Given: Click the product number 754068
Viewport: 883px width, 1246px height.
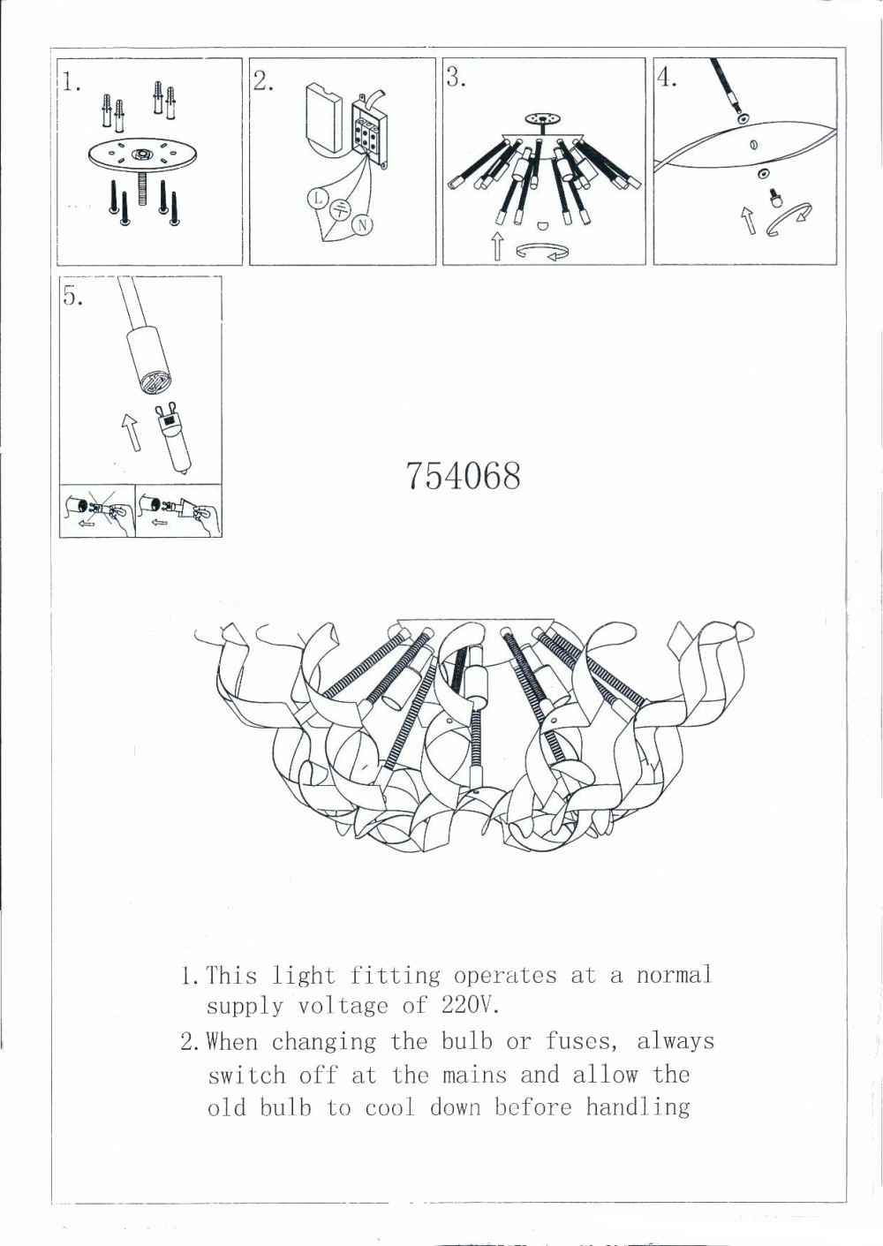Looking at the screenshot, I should [464, 476].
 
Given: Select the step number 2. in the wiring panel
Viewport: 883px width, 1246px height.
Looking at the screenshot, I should [263, 81].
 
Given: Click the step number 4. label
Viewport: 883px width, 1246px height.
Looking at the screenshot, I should [667, 78].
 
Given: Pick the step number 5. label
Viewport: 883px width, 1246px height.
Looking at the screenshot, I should [73, 297].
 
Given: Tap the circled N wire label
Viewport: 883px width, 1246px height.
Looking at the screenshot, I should [362, 225].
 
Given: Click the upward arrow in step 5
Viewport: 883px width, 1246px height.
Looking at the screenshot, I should [130, 432].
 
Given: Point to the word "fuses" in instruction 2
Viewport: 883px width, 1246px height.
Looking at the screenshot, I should [577, 1042].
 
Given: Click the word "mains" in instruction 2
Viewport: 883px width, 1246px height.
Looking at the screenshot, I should [473, 1075].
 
